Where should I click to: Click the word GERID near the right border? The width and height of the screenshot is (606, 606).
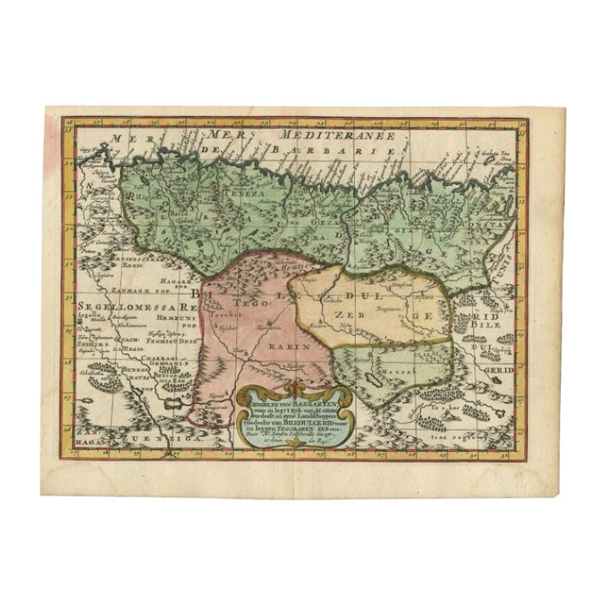[x=500, y=369]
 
